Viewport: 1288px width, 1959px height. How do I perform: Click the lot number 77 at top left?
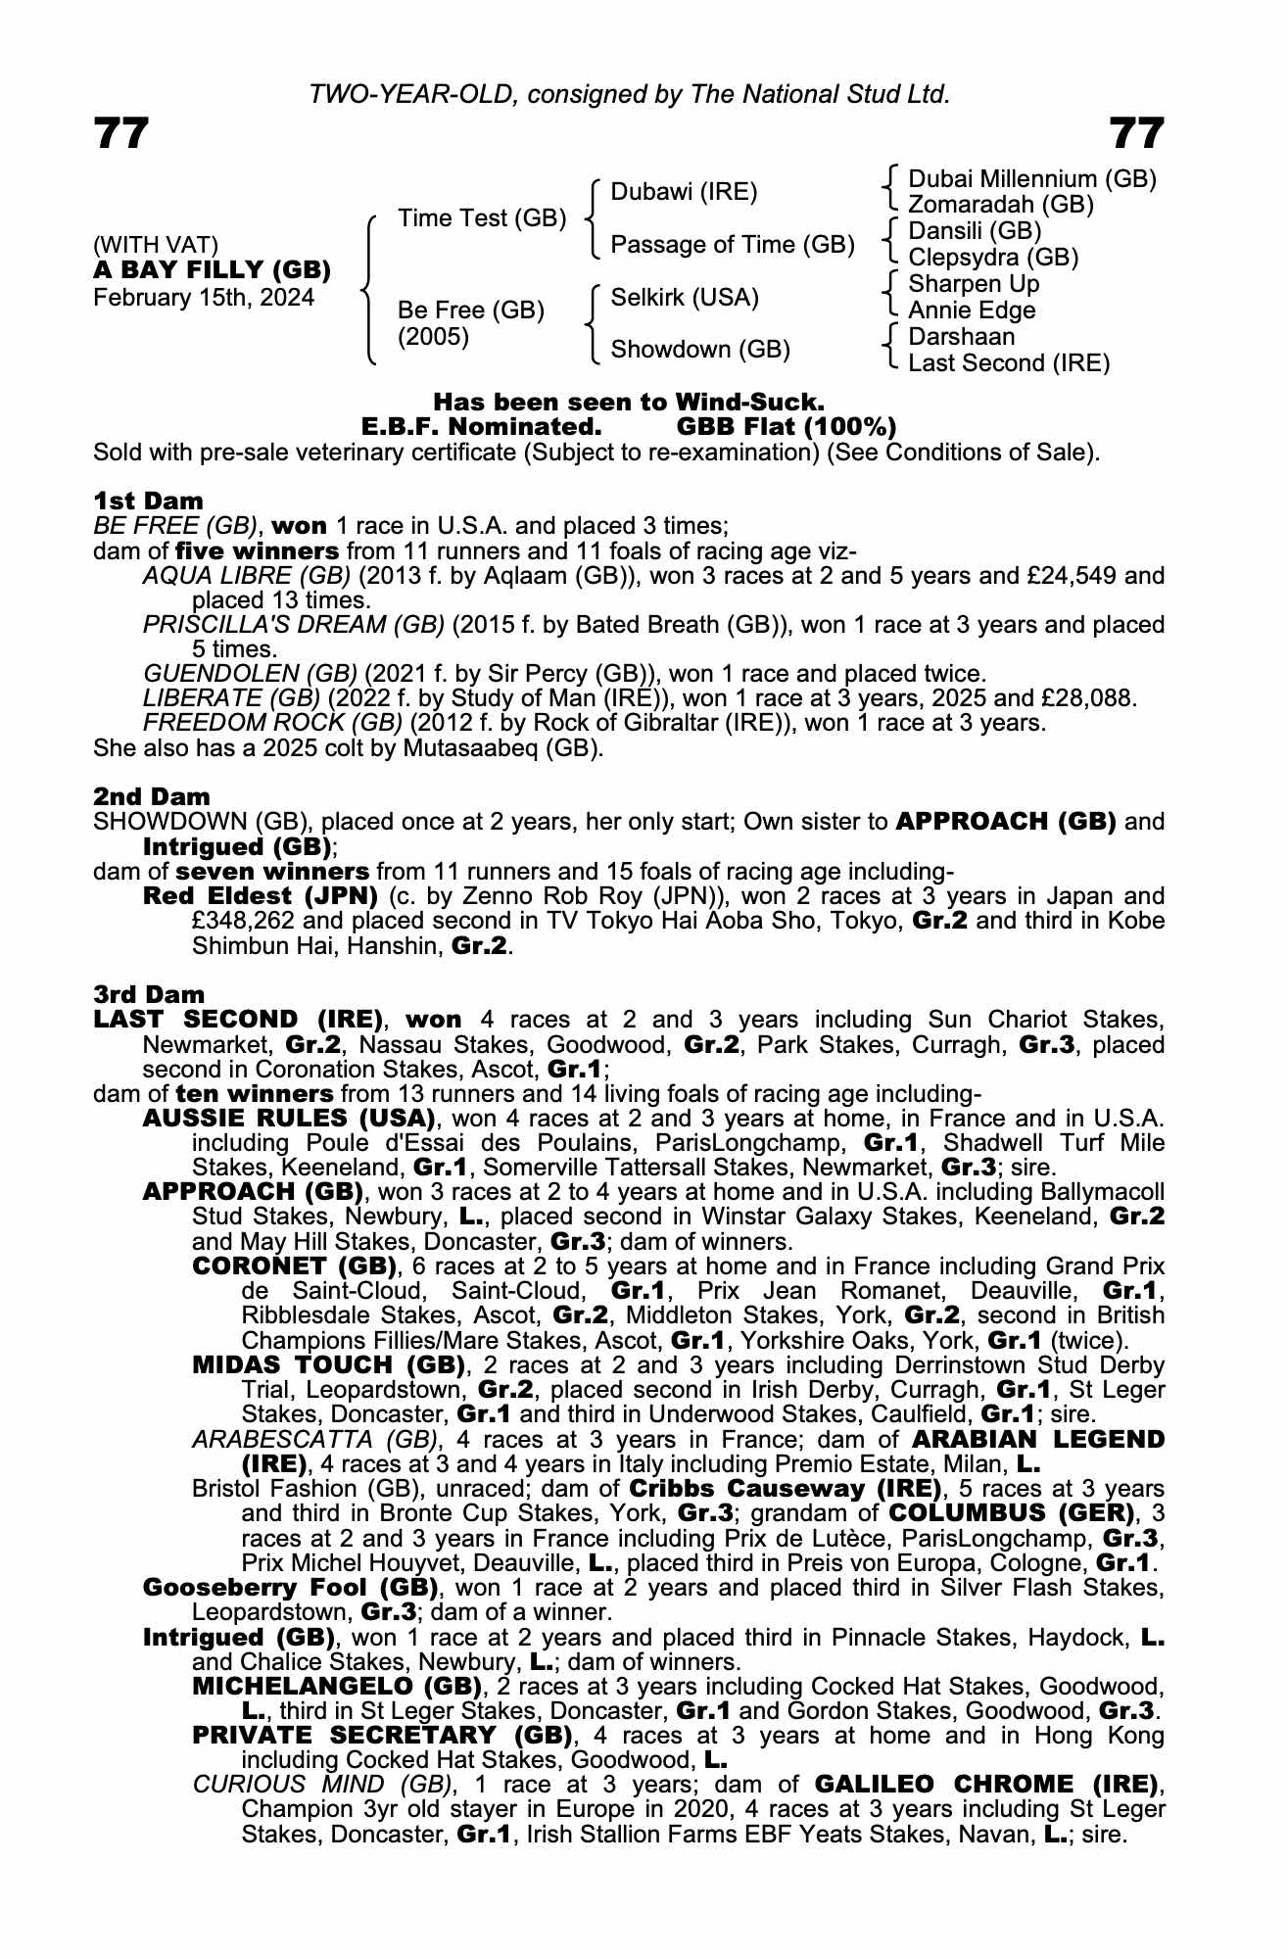tap(121, 133)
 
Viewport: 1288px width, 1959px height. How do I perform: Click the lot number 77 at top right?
tap(1137, 133)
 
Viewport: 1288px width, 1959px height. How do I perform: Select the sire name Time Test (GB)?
tap(482, 217)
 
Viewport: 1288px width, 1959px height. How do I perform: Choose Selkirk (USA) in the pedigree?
tap(685, 297)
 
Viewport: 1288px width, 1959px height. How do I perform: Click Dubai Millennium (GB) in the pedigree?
tap(1032, 179)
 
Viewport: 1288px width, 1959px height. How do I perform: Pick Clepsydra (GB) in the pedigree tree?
tap(993, 258)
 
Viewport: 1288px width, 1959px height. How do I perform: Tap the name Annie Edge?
tap(972, 311)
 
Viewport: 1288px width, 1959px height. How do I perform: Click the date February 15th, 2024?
tap(204, 298)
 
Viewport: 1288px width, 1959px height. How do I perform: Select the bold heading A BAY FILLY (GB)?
tap(212, 270)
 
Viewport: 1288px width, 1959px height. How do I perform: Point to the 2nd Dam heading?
tap(151, 797)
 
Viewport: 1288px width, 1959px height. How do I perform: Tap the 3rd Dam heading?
tap(150, 995)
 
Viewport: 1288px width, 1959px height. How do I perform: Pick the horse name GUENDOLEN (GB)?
tap(250, 674)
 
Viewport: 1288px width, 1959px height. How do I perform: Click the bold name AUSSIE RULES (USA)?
tap(289, 1118)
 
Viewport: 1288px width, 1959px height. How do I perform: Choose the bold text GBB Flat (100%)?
tap(787, 427)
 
